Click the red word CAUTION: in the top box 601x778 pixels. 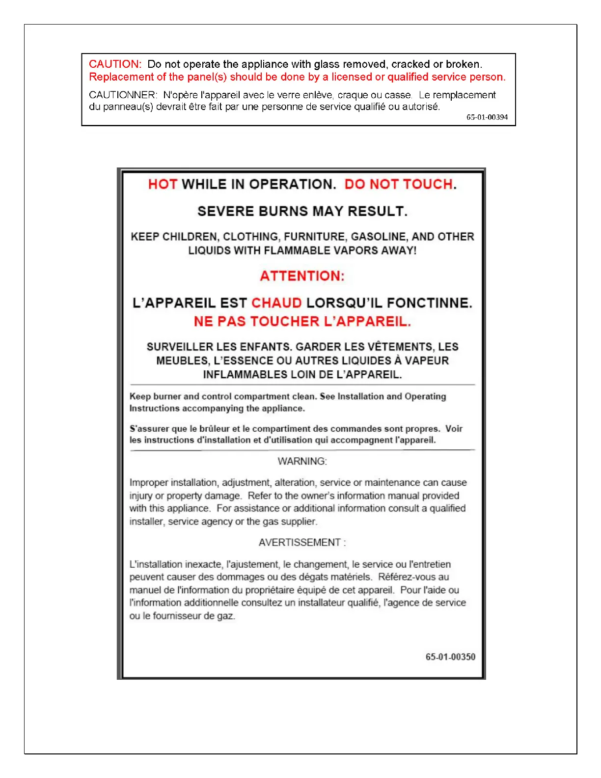coord(115,64)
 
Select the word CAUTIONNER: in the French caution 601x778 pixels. coord(123,95)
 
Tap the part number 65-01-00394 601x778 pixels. coord(487,117)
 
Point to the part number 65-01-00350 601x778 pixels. coord(450,657)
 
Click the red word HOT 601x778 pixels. coord(163,185)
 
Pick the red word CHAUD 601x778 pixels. coord(276,303)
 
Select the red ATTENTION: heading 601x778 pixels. coord(302,276)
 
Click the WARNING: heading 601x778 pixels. coord(302,462)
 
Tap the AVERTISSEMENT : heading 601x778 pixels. coord(302,543)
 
